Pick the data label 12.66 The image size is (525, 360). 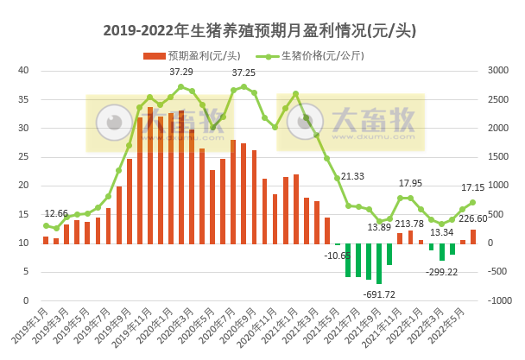57,213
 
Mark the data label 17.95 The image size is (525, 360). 410,184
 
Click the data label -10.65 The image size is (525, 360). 338,256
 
